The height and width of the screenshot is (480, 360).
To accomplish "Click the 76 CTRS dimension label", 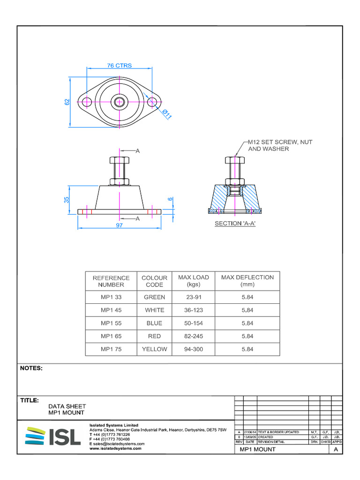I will [120, 66].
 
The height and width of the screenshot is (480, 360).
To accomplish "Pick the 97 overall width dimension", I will [120, 226].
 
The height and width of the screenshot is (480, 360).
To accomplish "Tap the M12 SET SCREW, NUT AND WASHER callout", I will [274, 145].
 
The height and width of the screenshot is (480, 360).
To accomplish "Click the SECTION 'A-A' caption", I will [235, 224].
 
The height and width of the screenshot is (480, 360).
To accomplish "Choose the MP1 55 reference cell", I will [111, 323].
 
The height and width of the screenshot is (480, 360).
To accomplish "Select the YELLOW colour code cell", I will [154, 349].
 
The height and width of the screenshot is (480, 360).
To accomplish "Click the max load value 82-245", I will [194, 336].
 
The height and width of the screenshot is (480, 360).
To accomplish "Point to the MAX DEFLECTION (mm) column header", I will [247, 281].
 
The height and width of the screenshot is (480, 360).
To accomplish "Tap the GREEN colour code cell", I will [154, 297].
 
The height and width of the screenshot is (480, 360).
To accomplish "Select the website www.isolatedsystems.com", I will [115, 448].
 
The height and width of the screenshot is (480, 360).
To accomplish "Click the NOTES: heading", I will [31, 368].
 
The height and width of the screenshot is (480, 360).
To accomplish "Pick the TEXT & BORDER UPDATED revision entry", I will [278, 432].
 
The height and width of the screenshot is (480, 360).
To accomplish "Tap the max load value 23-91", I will [194, 297].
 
